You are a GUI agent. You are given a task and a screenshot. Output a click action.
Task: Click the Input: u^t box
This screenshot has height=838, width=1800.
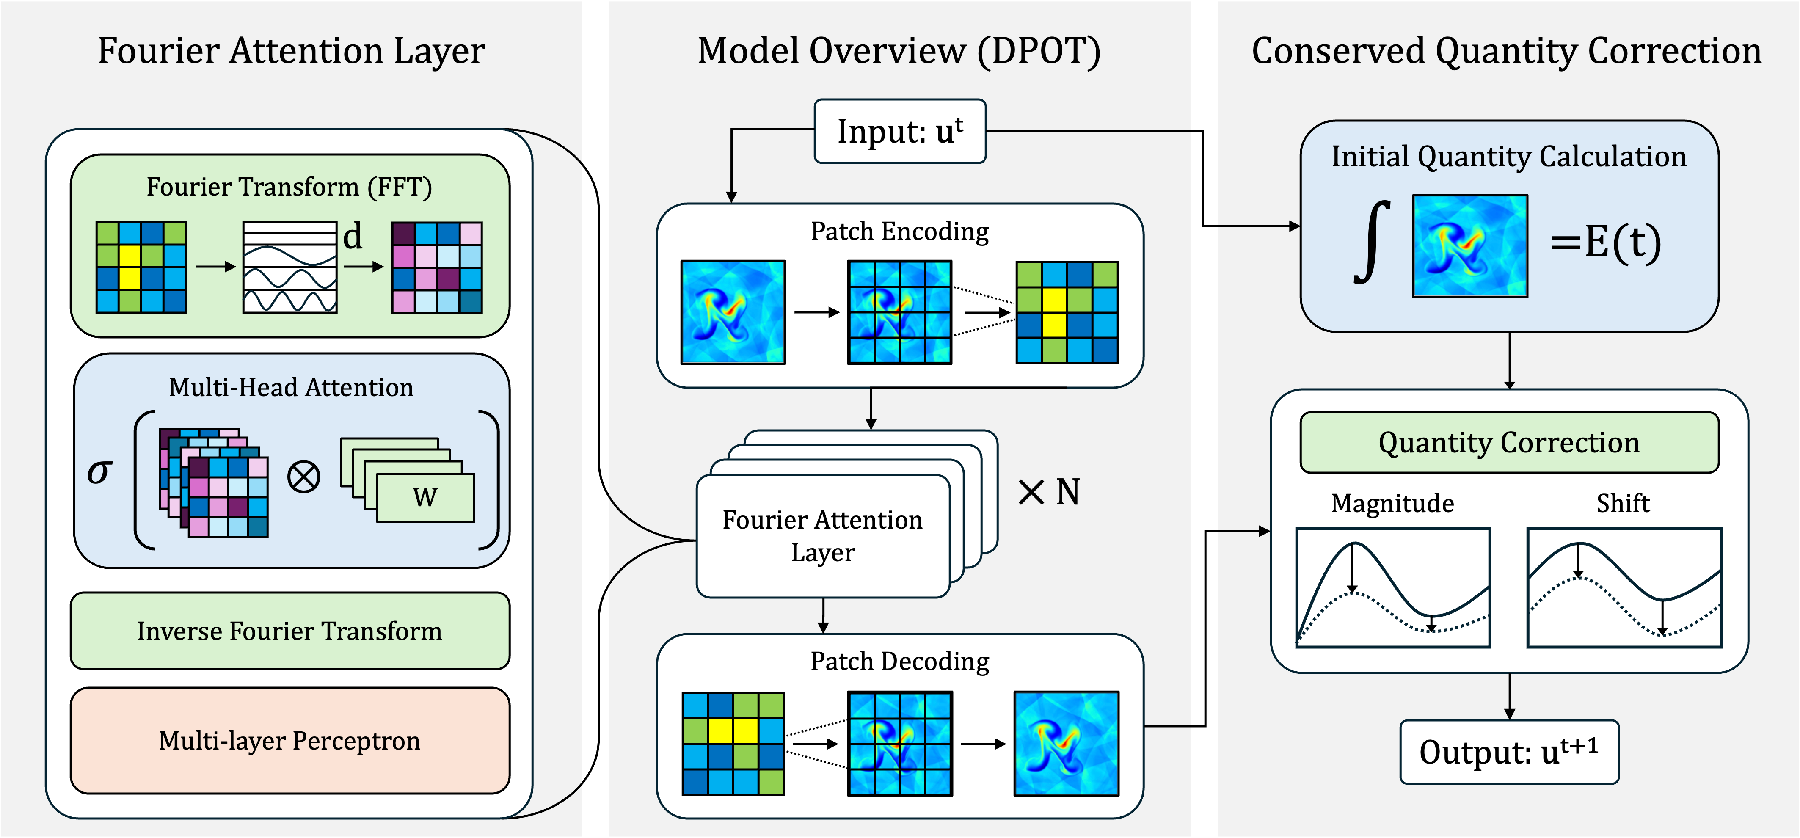tap(900, 131)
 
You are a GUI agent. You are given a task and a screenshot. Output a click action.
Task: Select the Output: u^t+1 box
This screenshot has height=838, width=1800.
tap(1509, 752)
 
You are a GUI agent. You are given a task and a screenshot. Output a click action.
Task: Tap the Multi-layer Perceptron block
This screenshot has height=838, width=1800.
tap(290, 741)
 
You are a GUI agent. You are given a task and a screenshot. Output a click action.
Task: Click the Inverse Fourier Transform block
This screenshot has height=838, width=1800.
tap(290, 631)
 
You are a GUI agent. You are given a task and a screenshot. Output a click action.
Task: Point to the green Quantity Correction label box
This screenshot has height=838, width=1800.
tap(1509, 442)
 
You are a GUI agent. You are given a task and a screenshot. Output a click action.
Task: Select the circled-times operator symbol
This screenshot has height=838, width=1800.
tap(304, 477)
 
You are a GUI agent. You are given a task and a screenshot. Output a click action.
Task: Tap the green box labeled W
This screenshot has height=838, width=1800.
tap(425, 498)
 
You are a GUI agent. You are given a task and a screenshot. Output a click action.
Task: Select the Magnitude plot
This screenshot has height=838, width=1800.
tap(1392, 588)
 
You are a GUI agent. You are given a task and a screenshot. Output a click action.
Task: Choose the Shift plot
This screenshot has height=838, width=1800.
tap(1624, 588)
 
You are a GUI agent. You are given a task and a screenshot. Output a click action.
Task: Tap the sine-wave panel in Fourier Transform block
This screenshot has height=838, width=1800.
tap(290, 267)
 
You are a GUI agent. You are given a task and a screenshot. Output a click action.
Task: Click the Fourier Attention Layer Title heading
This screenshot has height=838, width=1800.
tap(291, 51)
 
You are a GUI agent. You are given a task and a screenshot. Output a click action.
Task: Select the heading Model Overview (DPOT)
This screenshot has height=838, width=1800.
tap(899, 51)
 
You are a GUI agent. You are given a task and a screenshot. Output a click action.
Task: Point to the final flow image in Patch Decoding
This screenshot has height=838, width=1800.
tap(1066, 744)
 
